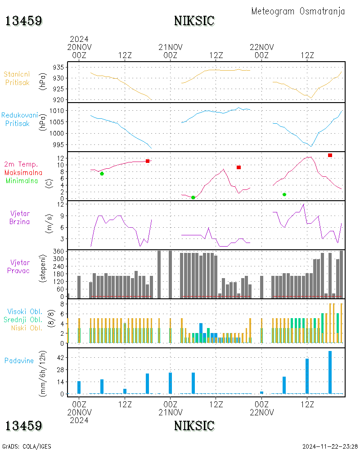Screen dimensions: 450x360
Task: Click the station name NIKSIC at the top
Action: click(x=194, y=21)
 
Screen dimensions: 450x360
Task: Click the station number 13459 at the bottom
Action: click(x=24, y=426)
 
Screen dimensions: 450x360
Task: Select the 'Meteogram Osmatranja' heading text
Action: click(x=298, y=11)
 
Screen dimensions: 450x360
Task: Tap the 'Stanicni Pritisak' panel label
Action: click(x=18, y=78)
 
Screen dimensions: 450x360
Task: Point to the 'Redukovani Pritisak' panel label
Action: click(x=19, y=119)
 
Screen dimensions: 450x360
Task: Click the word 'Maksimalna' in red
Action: click(x=23, y=172)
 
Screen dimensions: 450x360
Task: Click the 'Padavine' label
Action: click(x=19, y=360)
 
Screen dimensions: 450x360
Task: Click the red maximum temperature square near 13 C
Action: click(x=330, y=155)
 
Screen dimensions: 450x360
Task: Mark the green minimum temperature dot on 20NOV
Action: click(x=102, y=174)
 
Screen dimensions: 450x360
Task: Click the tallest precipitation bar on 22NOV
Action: click(x=330, y=372)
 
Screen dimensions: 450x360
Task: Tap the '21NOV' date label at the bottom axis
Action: click(x=171, y=412)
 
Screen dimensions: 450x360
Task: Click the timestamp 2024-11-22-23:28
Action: click(x=330, y=446)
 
